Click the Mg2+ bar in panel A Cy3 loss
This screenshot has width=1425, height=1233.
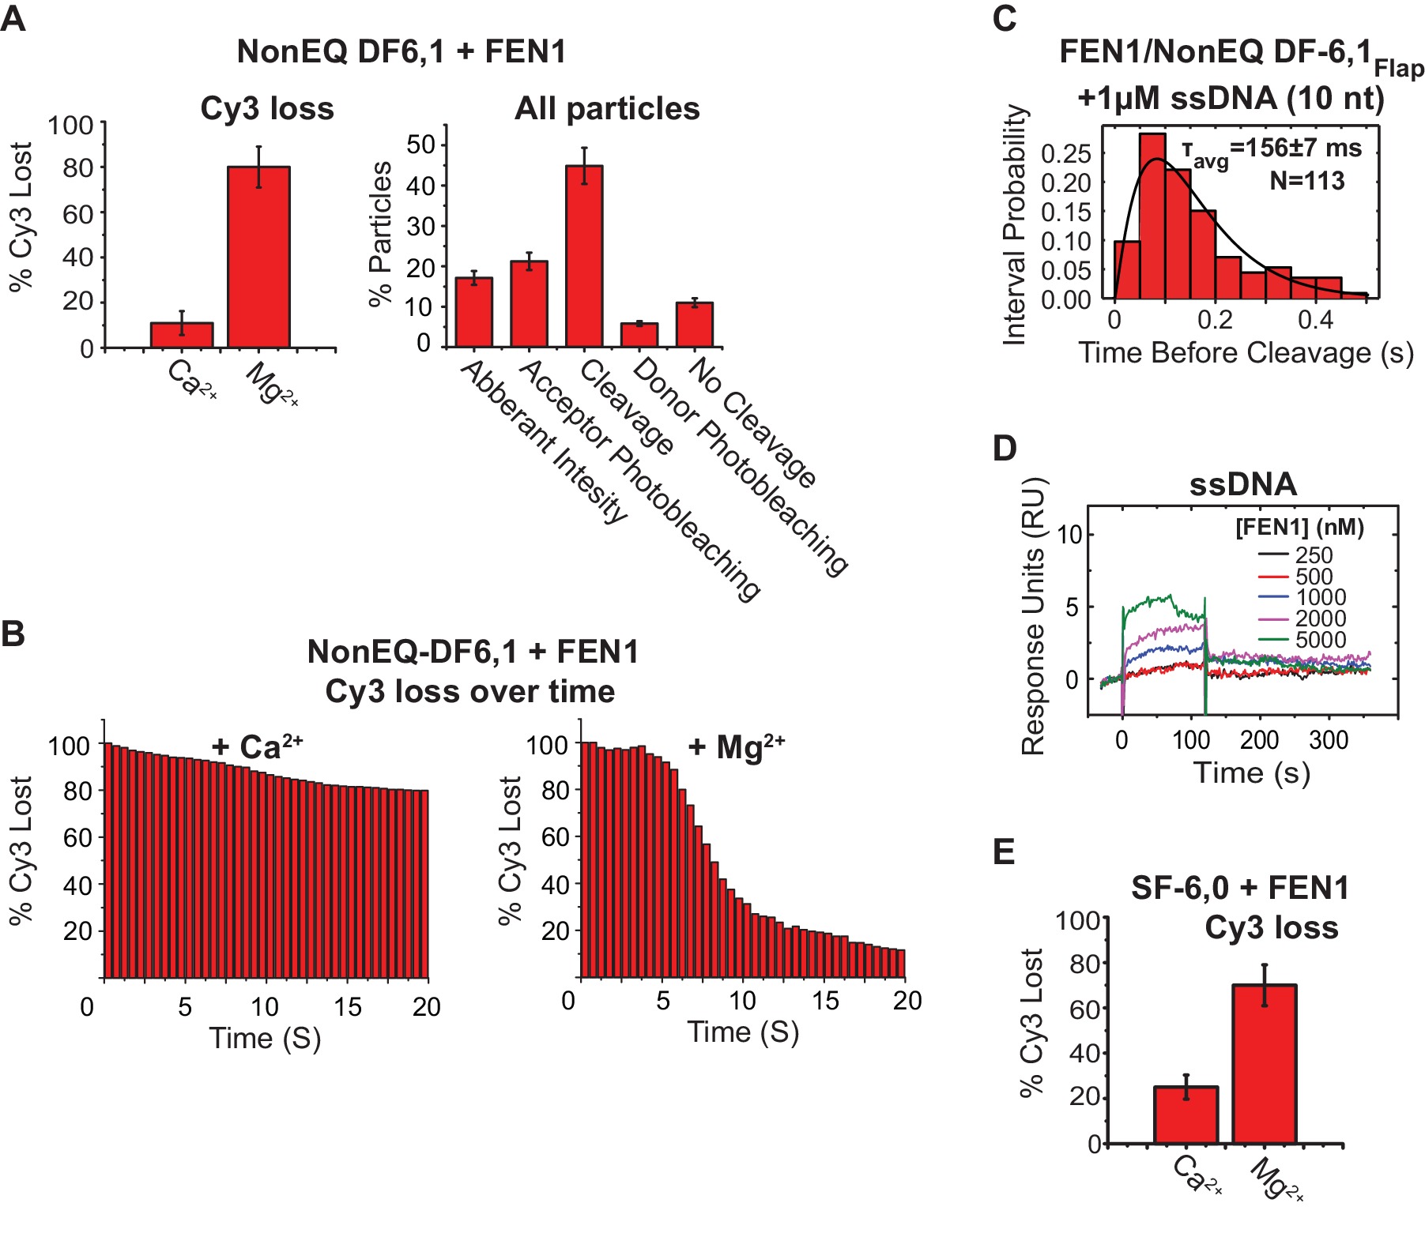258,257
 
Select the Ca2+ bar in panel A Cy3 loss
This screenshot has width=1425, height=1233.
182,335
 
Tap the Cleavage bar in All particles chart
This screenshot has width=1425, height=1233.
584,257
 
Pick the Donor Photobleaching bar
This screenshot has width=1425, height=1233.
639,335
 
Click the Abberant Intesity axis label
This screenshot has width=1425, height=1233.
544,442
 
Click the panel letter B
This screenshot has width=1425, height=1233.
13,633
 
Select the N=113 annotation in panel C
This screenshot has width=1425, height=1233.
1306,182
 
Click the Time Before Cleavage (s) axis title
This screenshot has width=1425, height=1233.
1246,353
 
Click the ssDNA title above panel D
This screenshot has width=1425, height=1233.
1242,484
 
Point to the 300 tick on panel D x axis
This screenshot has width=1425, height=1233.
1328,740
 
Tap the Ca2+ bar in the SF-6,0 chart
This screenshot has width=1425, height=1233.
1186,1115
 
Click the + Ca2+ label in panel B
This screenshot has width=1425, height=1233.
257,746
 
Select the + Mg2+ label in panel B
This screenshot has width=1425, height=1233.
736,746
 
